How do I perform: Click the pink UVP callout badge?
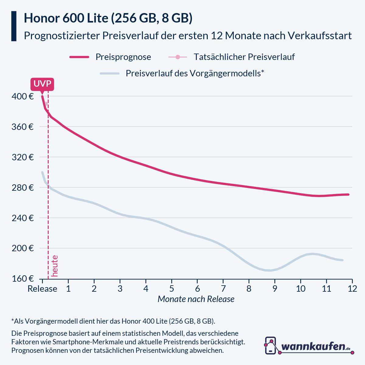click(42, 84)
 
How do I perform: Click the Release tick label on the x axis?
click(42, 289)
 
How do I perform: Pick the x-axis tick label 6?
click(197, 289)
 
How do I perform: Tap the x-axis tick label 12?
click(352, 289)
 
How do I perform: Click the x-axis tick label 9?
click(275, 289)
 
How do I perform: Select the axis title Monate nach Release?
click(196, 299)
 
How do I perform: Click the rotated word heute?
click(55, 266)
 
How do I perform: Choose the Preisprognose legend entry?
click(123, 57)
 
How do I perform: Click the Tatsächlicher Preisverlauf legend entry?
click(244, 57)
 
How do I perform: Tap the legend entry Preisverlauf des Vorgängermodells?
click(195, 73)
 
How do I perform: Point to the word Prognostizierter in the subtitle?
click(61, 36)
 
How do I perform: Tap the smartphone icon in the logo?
click(270, 346)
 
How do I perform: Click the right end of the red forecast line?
click(348, 194)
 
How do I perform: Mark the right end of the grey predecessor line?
click(342, 260)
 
